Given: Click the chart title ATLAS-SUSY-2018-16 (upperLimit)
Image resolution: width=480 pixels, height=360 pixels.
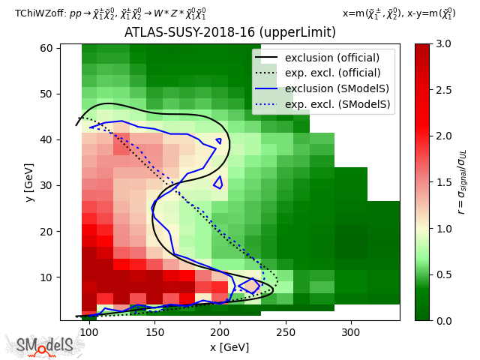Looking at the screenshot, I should point(229,32).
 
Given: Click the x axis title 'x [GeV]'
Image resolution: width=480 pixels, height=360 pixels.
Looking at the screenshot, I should point(229,346).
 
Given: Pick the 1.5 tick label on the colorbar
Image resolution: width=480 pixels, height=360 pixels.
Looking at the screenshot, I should point(442,182).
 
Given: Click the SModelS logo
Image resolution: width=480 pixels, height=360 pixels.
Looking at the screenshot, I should point(46,346).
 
